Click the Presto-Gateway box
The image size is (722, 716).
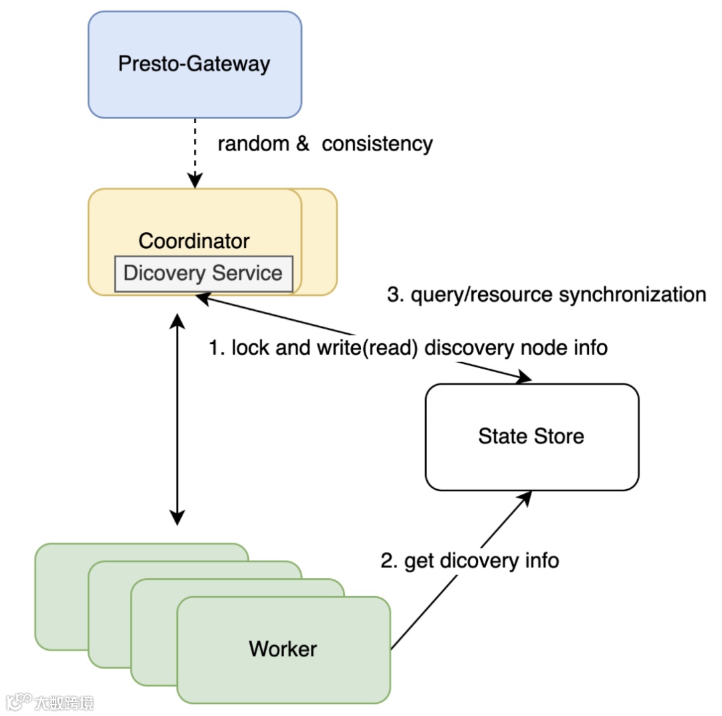195,65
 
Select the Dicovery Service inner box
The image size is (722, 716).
203,274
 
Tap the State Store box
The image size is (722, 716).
531,436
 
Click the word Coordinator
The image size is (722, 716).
194,241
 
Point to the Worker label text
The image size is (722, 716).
283,648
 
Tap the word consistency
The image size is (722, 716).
377,144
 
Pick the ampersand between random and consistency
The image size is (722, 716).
303,144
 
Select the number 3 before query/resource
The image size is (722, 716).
393,294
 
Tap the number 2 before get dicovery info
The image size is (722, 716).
386,561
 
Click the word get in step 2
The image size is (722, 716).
419,561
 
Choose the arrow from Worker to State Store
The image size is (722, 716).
461,569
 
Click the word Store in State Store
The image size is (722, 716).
559,436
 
